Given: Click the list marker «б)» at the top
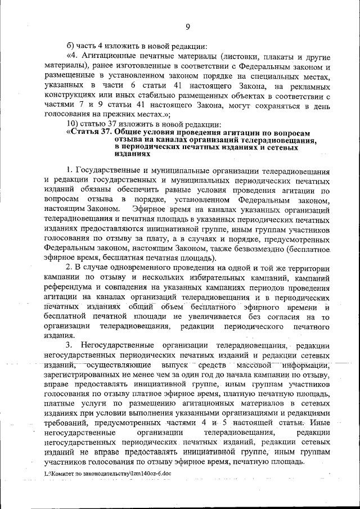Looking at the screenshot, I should pyautogui.click(x=70, y=46).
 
